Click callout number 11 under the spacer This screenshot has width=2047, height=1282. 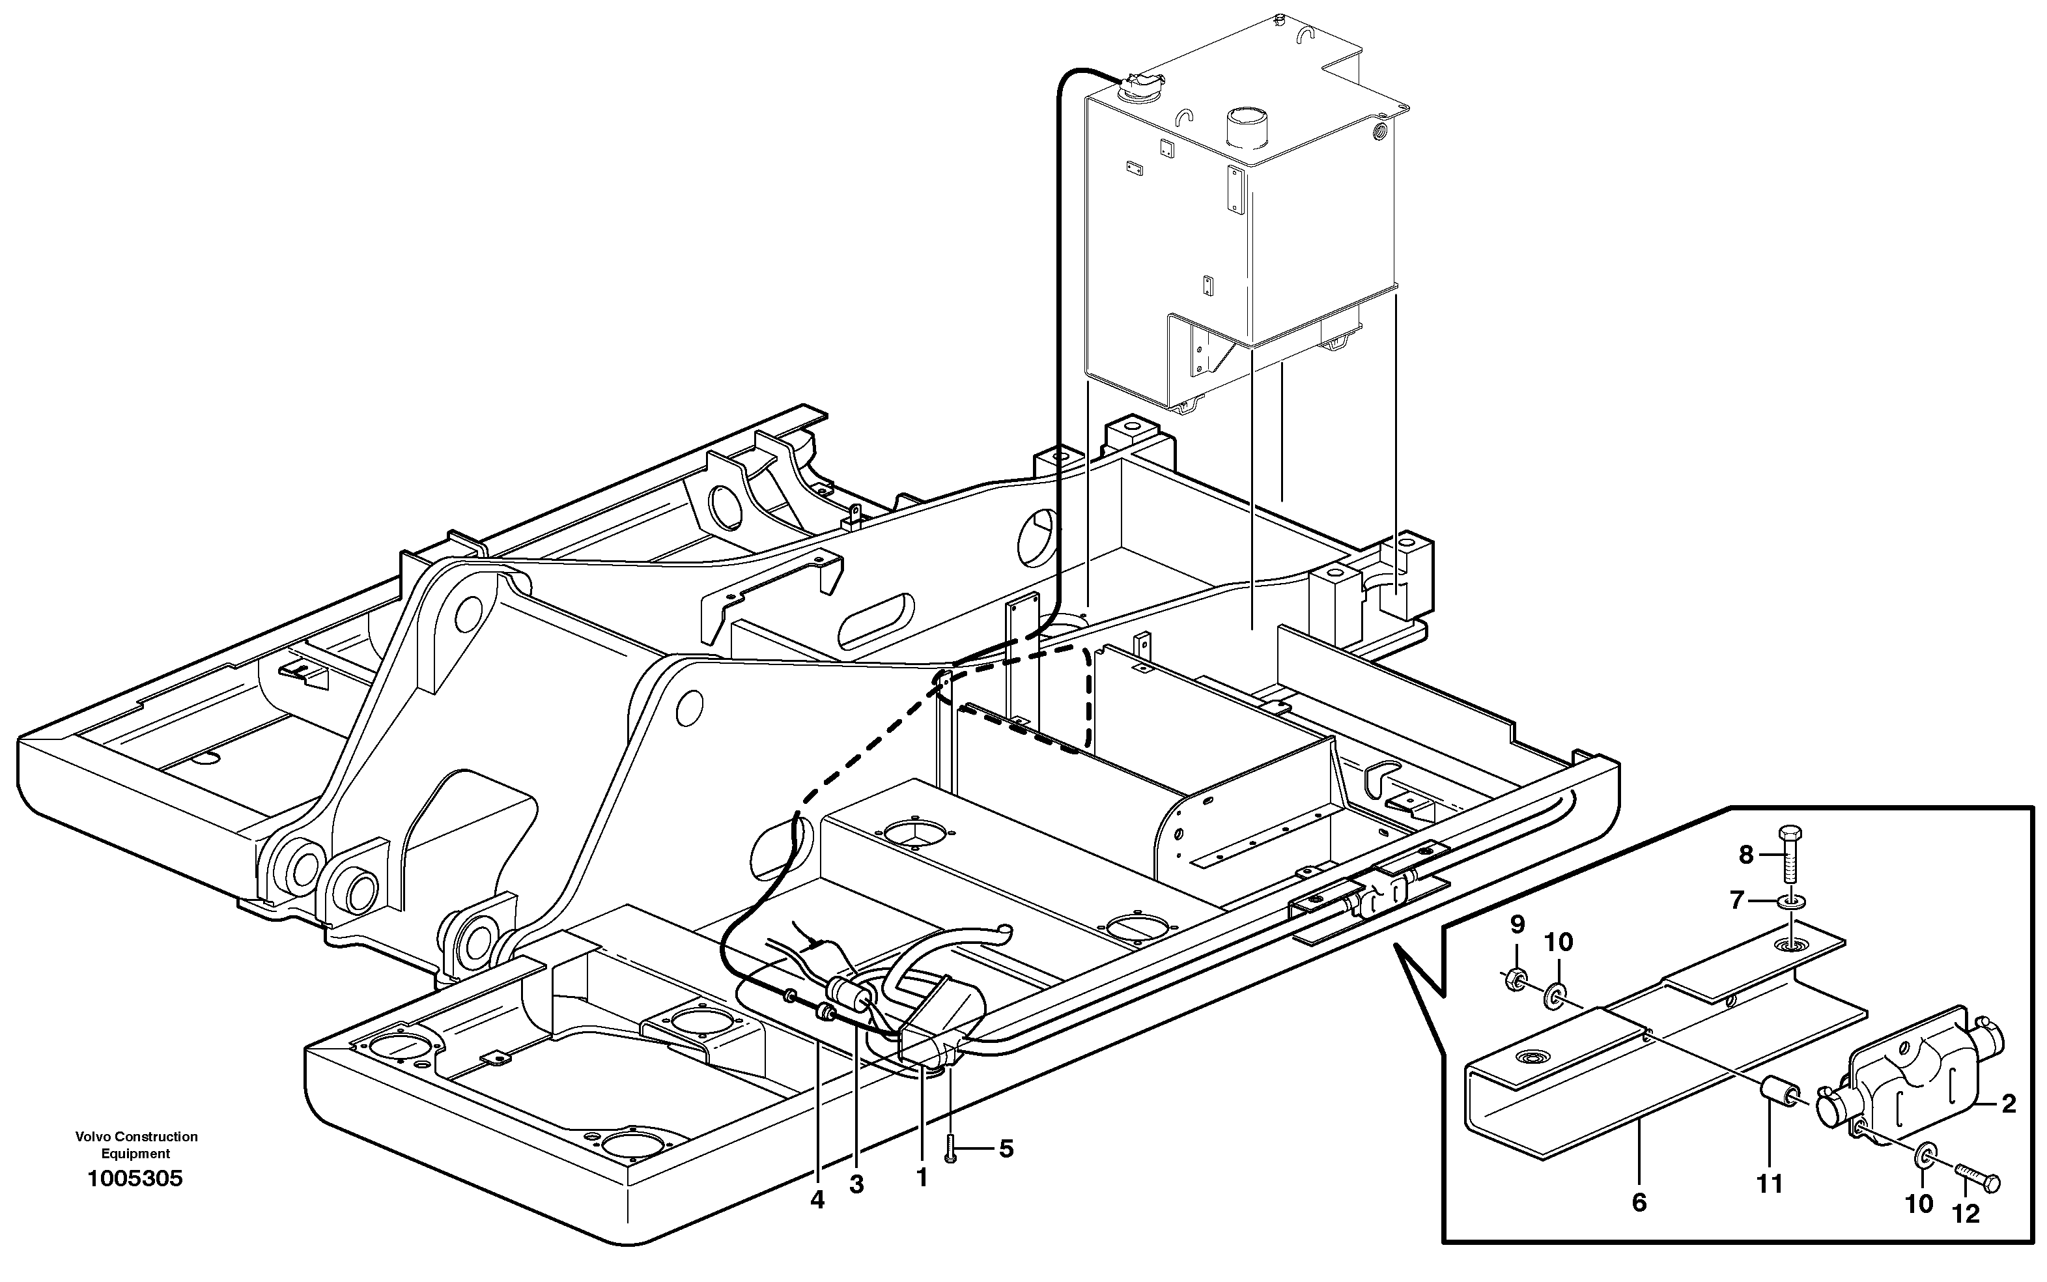pos(1770,1184)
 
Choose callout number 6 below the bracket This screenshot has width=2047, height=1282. pos(1639,1203)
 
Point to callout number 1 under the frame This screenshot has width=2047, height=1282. pos(922,1177)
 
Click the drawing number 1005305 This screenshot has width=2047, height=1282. pos(135,1178)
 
